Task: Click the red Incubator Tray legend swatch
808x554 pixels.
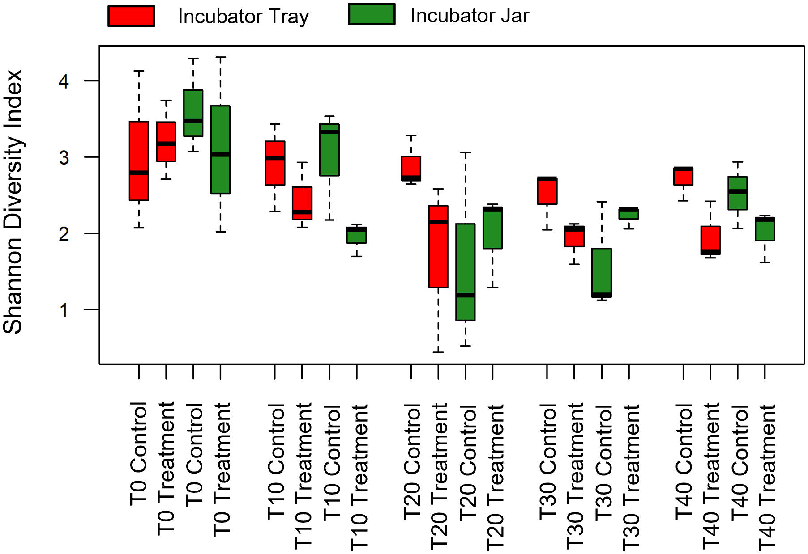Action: [x=131, y=16]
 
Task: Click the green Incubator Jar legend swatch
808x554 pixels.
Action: [x=372, y=14]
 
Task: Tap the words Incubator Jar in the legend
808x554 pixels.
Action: [x=469, y=16]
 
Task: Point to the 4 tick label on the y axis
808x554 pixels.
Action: [x=64, y=81]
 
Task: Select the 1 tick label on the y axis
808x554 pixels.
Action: [x=64, y=310]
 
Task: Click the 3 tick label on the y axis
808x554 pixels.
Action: [x=64, y=157]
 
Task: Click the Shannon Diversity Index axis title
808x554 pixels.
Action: [x=13, y=201]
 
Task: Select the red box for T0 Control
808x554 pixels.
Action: [x=139, y=152]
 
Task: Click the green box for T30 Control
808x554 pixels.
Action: [x=602, y=268]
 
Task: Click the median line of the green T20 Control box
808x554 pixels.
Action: [x=466, y=295]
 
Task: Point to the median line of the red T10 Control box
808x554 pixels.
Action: [x=275, y=158]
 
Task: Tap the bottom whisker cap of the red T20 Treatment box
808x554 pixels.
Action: [x=438, y=352]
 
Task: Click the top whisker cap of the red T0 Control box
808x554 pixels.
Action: [x=139, y=71]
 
